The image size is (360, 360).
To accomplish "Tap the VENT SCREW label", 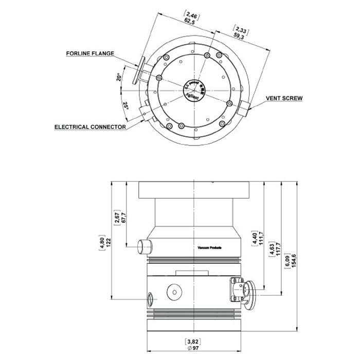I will click(x=284, y=98).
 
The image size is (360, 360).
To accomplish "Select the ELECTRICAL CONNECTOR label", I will click(x=91, y=126).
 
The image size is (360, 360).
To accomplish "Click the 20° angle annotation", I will click(x=119, y=77).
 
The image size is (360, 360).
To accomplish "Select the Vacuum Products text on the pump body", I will click(x=209, y=247).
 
